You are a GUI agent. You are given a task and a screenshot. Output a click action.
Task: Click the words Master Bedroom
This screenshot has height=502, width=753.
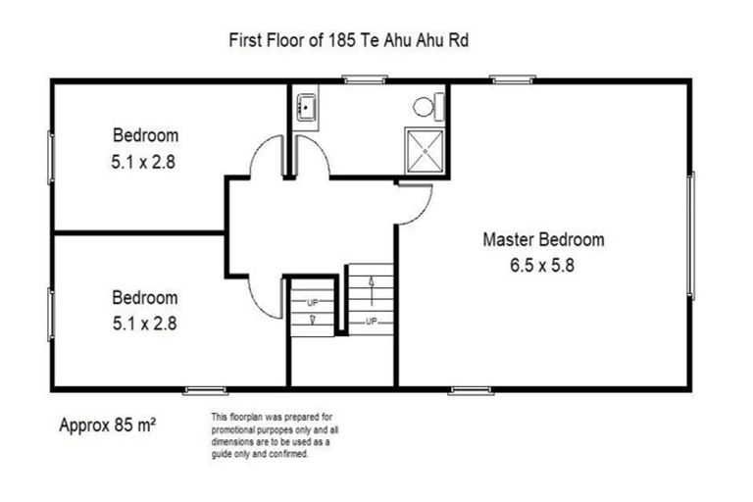[x=543, y=239]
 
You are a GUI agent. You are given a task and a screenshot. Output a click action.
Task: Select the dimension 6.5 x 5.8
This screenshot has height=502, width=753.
[x=543, y=264]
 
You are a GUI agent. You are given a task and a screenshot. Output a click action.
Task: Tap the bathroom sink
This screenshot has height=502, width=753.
[x=304, y=105]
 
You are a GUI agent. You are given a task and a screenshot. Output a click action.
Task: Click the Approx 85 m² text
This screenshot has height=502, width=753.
[x=109, y=426]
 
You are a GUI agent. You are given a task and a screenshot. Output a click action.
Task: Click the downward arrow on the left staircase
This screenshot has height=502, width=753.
[x=312, y=318]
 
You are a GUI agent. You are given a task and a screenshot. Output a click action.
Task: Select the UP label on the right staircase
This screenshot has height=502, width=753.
[x=372, y=321]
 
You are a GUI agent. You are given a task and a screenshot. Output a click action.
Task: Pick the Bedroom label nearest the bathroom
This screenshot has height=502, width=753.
[x=145, y=135]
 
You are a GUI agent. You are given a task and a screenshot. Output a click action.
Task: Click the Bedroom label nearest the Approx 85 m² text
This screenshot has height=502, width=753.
[x=145, y=297]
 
